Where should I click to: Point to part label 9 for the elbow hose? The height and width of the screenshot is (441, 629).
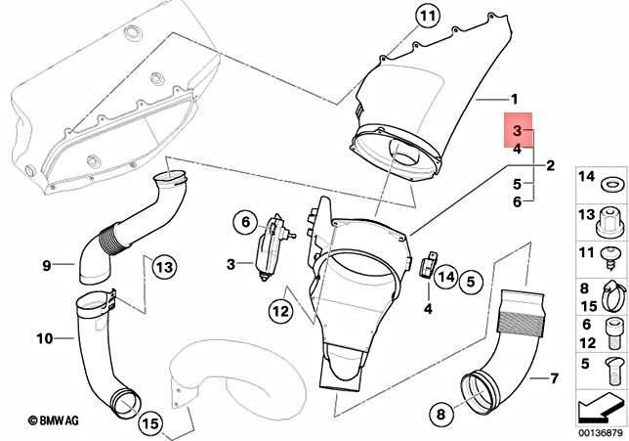click(46, 264)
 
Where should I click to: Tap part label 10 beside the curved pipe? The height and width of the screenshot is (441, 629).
click(45, 339)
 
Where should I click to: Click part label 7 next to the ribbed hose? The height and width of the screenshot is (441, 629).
click(554, 377)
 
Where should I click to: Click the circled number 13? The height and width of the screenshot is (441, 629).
click(163, 266)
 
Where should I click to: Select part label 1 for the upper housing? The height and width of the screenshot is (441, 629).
click(515, 100)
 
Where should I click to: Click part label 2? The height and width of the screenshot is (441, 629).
click(550, 165)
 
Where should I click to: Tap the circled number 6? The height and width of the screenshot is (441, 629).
click(244, 223)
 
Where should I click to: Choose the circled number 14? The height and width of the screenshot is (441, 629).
click(445, 276)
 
